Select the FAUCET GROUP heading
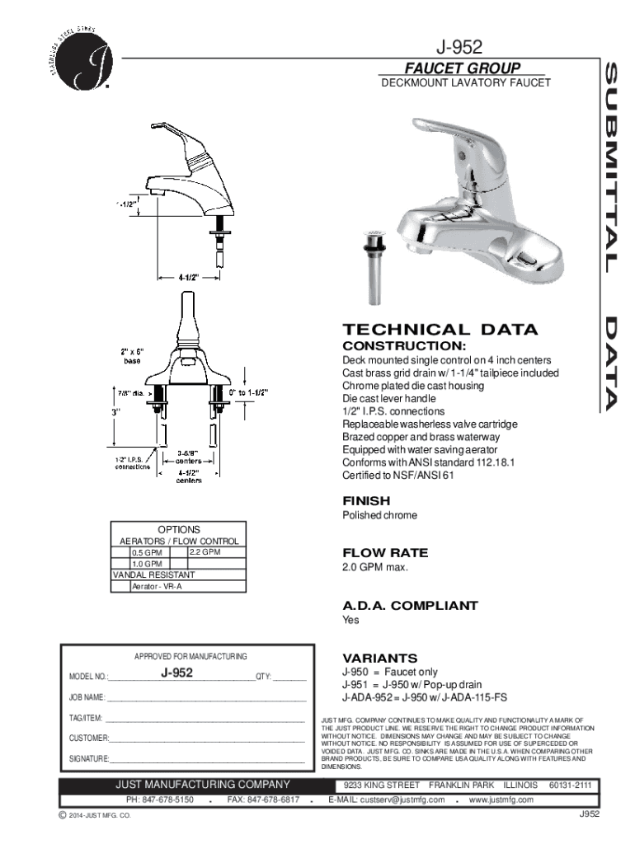click(461, 68)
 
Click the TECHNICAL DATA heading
click(440, 330)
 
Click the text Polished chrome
click(379, 515)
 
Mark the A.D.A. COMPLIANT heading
click(410, 605)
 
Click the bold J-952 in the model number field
click(176, 673)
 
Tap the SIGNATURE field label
click(89, 758)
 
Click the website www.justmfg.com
click(501, 799)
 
